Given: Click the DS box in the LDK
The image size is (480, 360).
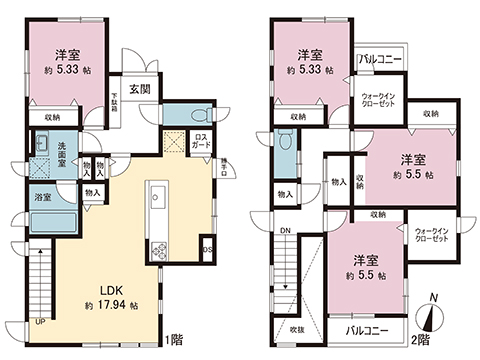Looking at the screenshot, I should pos(208,250).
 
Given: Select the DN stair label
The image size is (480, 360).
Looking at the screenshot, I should pos(285,232).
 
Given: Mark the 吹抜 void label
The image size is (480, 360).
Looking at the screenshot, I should pos(297,328).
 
